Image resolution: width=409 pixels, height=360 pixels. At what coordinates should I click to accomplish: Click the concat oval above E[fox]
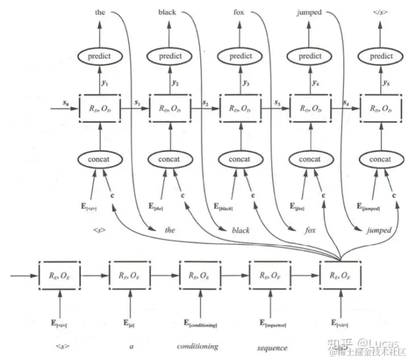[309, 160]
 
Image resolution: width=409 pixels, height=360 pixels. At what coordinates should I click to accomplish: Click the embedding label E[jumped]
[366, 206]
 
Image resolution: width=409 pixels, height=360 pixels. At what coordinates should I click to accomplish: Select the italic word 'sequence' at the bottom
[272, 347]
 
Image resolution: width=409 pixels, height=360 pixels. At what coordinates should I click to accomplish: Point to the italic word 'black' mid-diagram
[241, 231]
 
